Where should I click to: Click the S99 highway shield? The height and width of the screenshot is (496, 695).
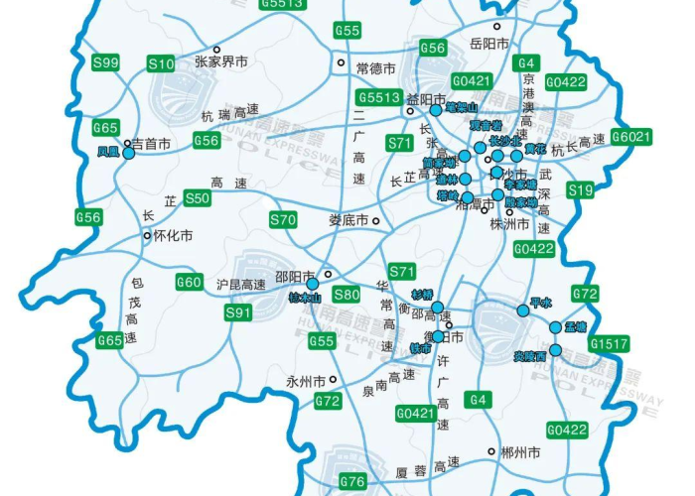105,62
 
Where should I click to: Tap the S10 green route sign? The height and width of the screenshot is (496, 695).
161,63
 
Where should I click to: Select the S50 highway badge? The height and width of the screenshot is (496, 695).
199,198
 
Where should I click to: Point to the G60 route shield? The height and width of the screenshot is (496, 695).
190,282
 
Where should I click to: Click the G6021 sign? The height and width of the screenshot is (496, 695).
630,136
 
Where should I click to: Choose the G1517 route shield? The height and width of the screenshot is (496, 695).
609,343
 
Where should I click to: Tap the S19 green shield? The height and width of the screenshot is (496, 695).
581,189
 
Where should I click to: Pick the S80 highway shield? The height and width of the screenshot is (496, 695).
347,294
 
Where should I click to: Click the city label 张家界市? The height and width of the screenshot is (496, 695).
220,62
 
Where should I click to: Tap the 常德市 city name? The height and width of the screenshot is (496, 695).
375,68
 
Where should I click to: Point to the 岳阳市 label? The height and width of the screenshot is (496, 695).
488,44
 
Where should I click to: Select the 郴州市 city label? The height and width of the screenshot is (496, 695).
520,452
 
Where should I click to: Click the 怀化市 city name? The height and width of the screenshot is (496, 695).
173,236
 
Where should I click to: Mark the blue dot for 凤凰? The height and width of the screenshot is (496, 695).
128,153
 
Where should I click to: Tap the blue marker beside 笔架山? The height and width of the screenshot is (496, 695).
435,110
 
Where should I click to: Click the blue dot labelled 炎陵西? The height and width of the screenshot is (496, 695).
555,349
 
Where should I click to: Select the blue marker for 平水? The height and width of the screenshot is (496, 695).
523,310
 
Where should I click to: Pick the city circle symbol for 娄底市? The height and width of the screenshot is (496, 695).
376,220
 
